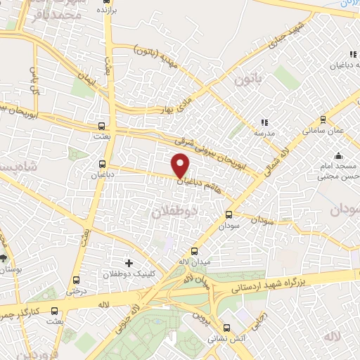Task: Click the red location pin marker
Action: click(181, 165)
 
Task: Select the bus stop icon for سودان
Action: click(229, 215)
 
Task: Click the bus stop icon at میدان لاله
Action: click(194, 251)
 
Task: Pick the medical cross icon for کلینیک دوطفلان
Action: click(128, 262)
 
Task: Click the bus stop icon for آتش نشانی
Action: click(226, 327)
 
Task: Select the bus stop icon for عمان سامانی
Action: click(323, 119)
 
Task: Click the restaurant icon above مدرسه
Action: click(265, 122)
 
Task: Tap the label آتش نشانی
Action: click(226, 337)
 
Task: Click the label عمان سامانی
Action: click(323, 131)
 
